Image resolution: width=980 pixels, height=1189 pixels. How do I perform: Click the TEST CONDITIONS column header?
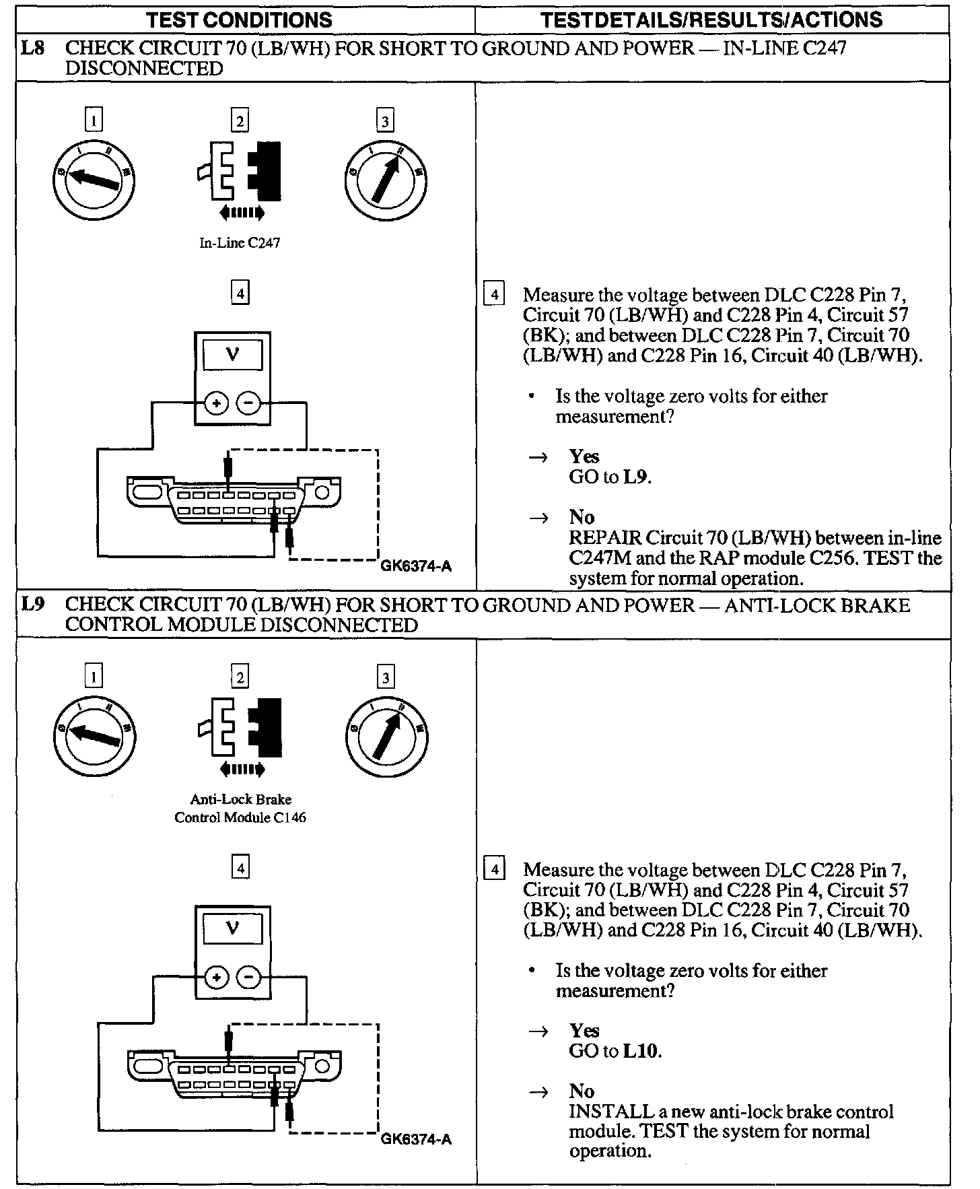tap(239, 20)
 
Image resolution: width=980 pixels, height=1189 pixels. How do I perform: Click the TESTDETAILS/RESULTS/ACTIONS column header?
tap(711, 20)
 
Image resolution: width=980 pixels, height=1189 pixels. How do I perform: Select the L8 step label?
tap(33, 48)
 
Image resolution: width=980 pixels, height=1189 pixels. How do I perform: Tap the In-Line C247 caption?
tap(240, 243)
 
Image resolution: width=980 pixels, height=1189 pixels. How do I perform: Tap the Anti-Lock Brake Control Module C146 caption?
tap(240, 809)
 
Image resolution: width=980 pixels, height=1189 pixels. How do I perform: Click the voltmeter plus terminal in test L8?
tap(216, 404)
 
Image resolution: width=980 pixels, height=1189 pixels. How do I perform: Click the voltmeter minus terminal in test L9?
tap(249, 978)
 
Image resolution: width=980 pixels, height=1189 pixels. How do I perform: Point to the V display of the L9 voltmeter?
tap(233, 928)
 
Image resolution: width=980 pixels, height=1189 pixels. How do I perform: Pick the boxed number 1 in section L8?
tap(94, 121)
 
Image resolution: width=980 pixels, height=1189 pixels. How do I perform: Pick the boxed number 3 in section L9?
tap(385, 677)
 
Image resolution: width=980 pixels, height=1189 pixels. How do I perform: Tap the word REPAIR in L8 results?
tap(604, 538)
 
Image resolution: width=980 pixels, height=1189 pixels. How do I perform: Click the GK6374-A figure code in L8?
tap(416, 566)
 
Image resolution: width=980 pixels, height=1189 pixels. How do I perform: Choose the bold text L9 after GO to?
tap(636, 477)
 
